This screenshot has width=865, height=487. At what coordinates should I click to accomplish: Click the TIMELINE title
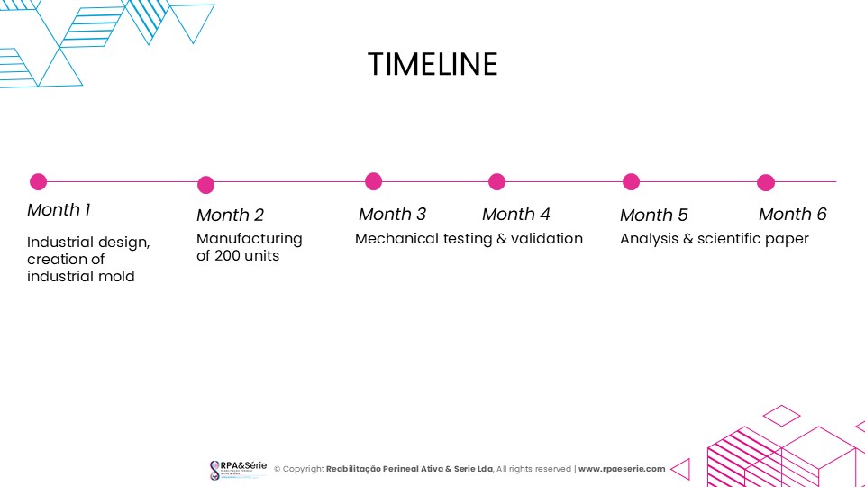(432, 64)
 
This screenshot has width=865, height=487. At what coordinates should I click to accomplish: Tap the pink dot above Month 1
(38, 181)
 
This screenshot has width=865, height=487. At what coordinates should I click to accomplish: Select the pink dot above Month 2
(205, 185)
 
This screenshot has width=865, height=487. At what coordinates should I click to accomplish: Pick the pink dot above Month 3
(373, 181)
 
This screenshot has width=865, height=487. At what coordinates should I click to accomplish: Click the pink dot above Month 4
(497, 181)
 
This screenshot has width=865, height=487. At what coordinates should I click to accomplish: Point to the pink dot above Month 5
(631, 181)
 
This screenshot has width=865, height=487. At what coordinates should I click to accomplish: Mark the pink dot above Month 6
(766, 182)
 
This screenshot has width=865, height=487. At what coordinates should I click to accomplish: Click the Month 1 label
(59, 210)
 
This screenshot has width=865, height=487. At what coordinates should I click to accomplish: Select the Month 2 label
(230, 215)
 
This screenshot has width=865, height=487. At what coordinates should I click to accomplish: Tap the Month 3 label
(392, 215)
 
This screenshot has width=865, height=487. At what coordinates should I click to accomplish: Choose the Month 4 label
(515, 215)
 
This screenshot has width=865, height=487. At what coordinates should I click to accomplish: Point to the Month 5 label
(654, 215)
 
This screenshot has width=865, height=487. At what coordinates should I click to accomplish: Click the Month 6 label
(792, 215)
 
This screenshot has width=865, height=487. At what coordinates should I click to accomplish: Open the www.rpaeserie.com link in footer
(622, 469)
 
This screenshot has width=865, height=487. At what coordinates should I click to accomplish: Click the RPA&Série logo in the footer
(238, 470)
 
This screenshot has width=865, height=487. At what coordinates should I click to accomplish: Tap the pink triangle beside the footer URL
(682, 469)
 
